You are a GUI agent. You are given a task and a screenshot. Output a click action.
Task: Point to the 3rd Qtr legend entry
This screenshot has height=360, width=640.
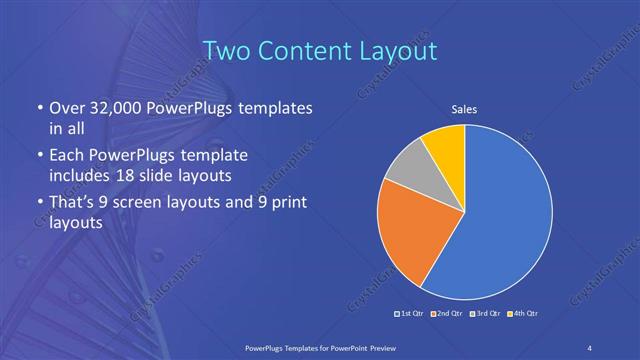[484, 315]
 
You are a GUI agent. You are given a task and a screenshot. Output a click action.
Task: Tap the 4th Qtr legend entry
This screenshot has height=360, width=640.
[522, 315]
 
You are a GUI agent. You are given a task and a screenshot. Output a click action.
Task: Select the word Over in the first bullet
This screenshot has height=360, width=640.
[65, 107]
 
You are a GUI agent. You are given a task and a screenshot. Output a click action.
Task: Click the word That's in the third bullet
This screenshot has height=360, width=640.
[72, 204]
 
